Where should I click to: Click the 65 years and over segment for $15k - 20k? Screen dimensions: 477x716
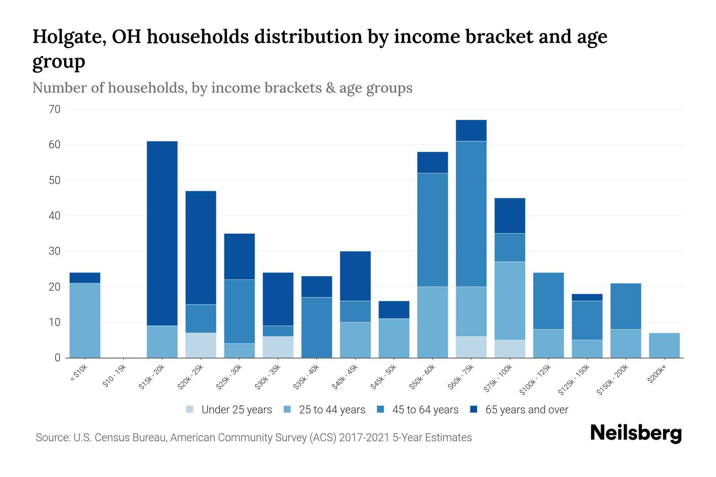(162, 233)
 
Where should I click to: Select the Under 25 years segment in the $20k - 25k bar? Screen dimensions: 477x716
(201, 345)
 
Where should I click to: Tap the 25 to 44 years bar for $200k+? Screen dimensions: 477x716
(664, 345)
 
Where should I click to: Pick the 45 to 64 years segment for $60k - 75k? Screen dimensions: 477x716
(471, 214)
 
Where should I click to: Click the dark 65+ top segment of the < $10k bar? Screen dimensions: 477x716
(85, 277)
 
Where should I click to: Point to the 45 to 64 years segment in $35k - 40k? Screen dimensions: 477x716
(317, 327)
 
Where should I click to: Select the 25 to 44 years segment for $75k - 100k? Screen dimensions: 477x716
(510, 301)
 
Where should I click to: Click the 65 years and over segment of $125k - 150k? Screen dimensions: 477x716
(587, 297)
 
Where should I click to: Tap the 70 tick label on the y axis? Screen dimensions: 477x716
(55, 109)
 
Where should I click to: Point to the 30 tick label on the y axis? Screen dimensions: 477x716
(55, 251)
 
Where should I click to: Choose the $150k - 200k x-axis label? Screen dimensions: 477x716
(613, 380)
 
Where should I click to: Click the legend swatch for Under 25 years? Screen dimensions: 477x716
(190, 409)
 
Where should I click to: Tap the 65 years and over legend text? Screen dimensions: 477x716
(527, 409)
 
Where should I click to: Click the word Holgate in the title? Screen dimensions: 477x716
(65, 37)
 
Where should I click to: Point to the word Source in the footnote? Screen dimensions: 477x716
(52, 438)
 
